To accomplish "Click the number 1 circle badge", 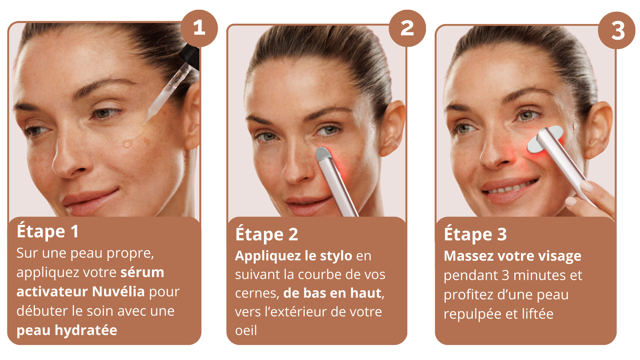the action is (199, 28).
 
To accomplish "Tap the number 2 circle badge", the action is (407, 28).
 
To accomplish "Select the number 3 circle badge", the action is (617, 30).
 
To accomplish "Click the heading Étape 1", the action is (48, 231).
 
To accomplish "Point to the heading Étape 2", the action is (267, 234).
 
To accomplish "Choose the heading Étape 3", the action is (475, 234).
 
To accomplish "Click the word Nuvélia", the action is (118, 291).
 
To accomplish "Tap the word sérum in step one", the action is (142, 272).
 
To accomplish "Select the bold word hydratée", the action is (86, 330).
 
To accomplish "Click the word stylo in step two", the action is (336, 256).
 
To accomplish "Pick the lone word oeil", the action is (246, 330).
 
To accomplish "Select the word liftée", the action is (538, 314).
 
